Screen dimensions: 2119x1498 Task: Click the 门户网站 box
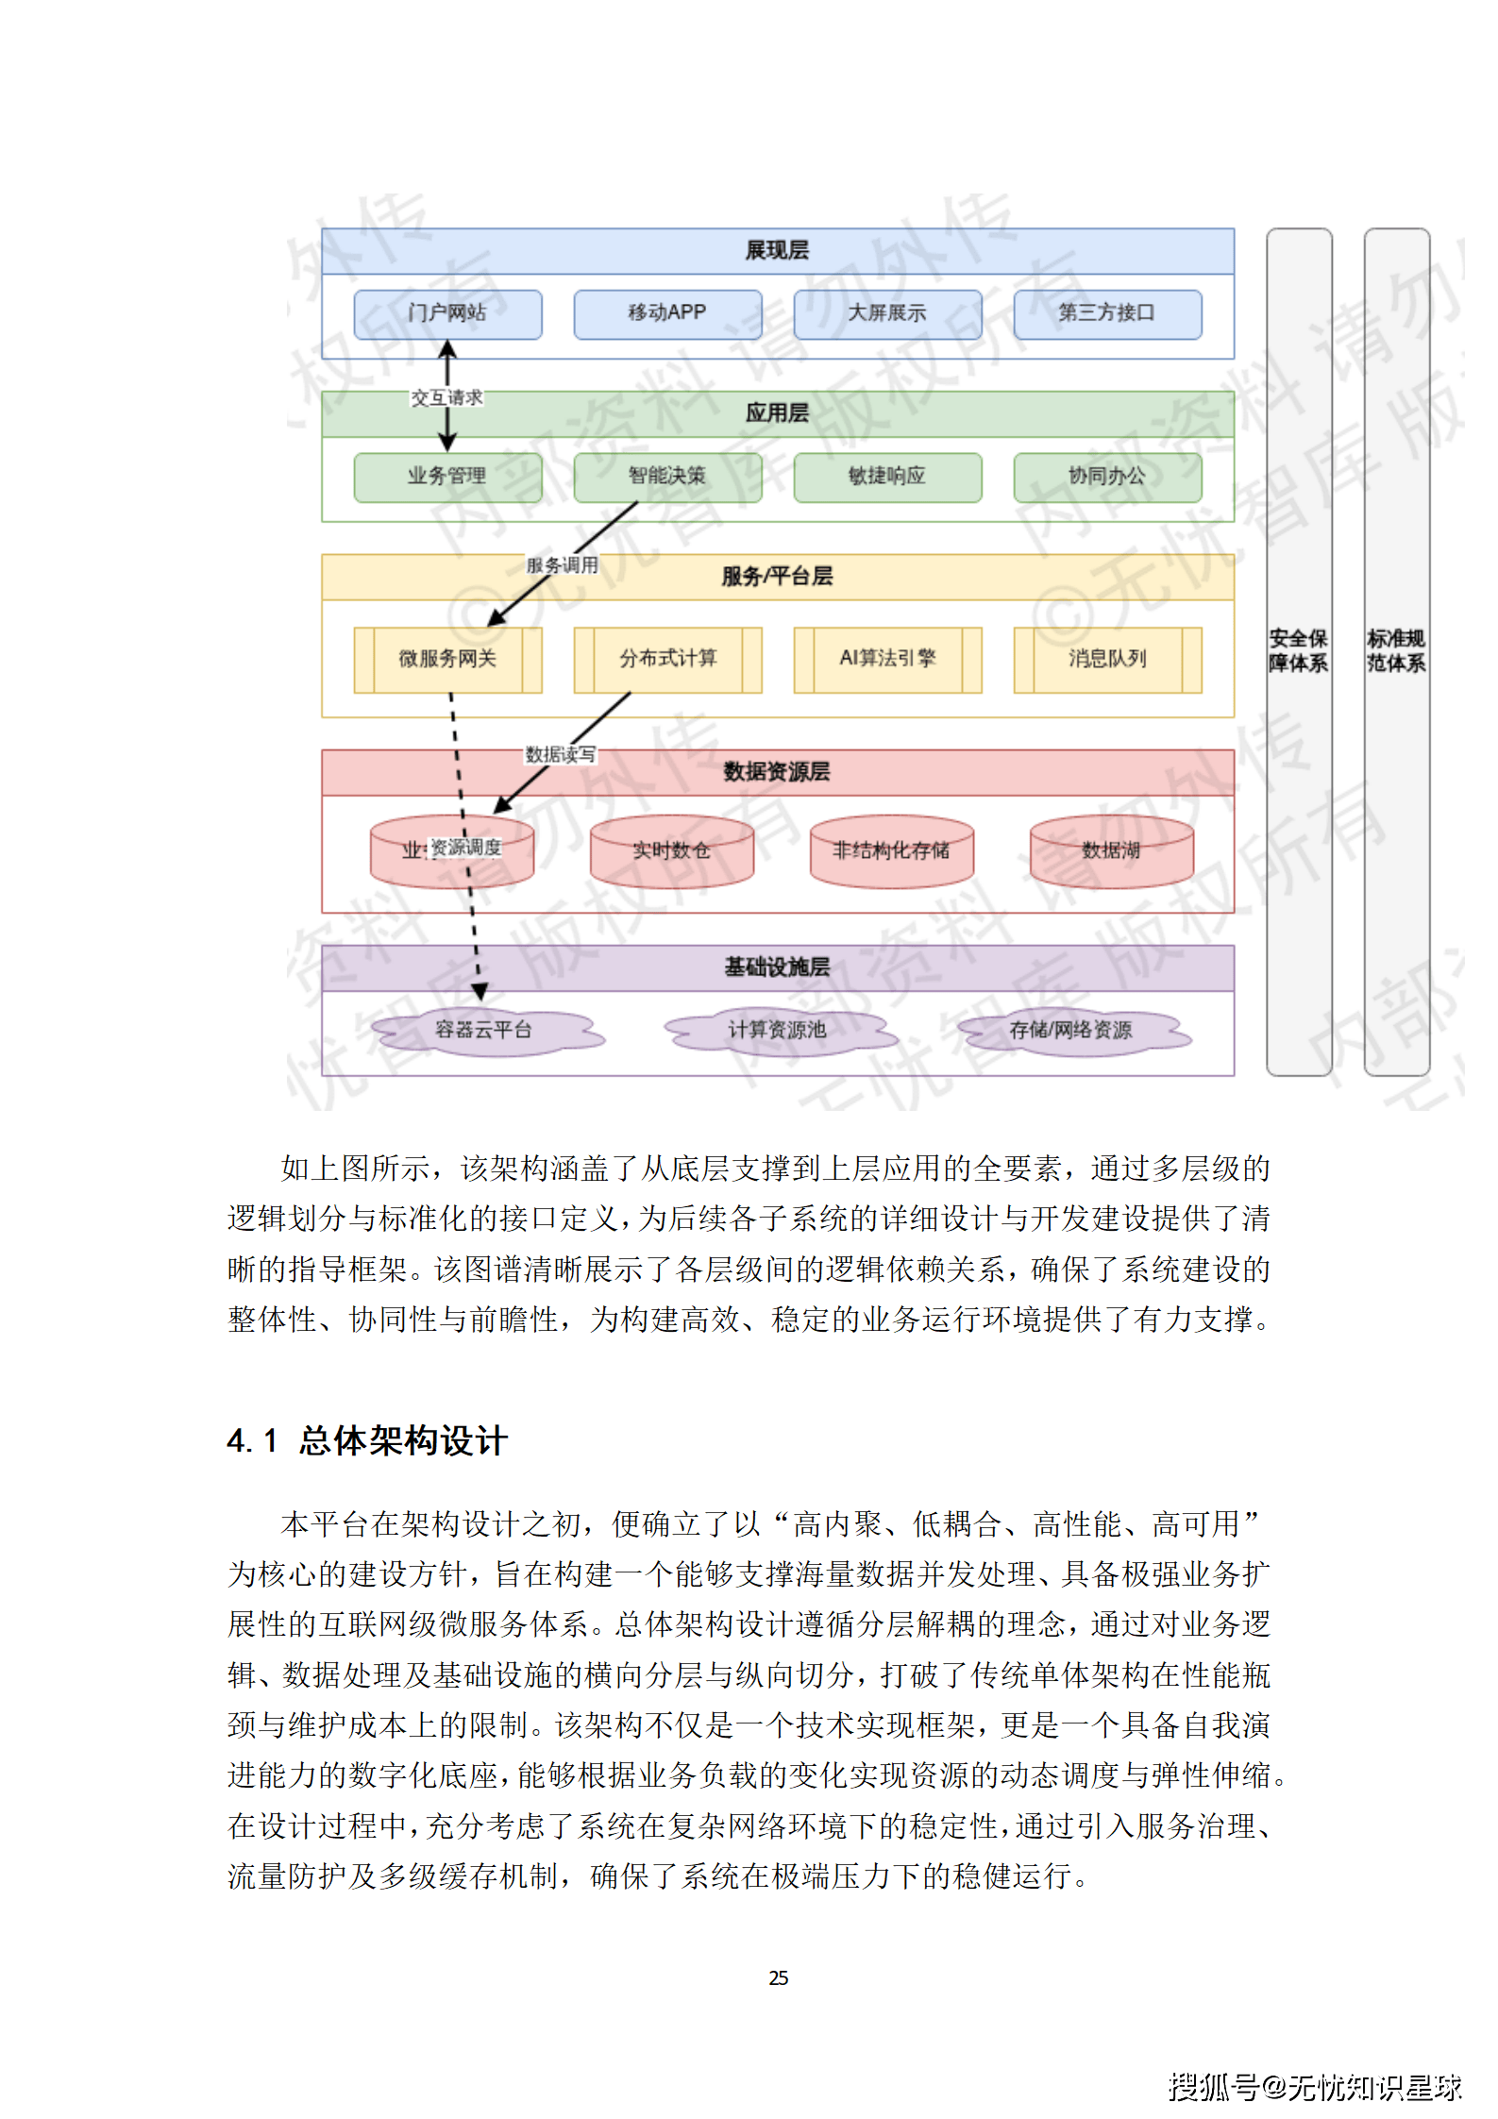(x=447, y=313)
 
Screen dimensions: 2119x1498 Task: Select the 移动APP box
(x=667, y=313)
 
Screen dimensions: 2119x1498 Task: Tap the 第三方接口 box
(x=1107, y=313)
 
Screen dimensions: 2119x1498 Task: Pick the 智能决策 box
(x=667, y=477)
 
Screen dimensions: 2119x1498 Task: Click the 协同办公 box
(x=1107, y=477)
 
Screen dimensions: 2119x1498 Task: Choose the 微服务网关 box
(x=447, y=659)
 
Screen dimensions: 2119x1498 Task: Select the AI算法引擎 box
(x=887, y=659)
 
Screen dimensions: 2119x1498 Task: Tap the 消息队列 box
(x=1107, y=659)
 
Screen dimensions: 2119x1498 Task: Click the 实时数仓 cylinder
(x=671, y=851)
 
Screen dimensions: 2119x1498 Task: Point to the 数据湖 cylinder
(x=1111, y=851)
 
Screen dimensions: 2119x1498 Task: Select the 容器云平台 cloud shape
(x=484, y=1030)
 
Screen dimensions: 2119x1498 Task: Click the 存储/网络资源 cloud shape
(x=1071, y=1030)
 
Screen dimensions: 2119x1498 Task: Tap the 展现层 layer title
(x=777, y=251)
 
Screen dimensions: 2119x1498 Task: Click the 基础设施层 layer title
(x=777, y=967)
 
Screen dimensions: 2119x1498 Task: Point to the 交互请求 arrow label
(x=446, y=398)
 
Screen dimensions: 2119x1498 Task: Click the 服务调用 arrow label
(x=563, y=565)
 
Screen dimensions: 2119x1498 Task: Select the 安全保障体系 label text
(x=1298, y=651)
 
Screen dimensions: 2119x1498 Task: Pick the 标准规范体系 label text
(x=1396, y=651)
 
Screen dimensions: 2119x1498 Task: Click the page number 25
(x=778, y=1978)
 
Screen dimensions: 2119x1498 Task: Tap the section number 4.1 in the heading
(x=252, y=1441)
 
